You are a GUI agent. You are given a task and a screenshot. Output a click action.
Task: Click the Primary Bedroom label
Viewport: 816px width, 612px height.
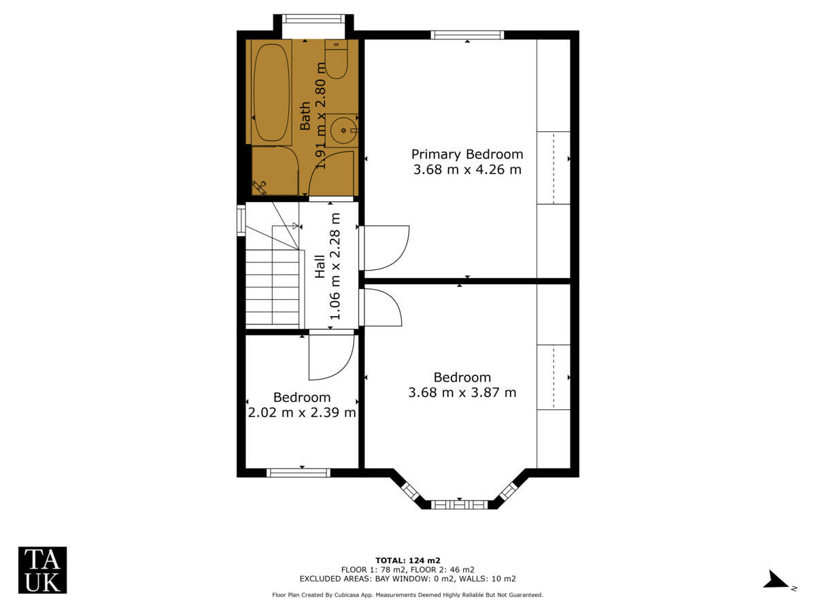pyautogui.click(x=467, y=154)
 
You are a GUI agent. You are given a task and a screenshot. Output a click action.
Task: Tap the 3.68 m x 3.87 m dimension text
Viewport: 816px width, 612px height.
pyautogui.click(x=462, y=392)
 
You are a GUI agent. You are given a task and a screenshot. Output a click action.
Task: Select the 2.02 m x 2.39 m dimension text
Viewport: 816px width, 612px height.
pyautogui.click(x=302, y=412)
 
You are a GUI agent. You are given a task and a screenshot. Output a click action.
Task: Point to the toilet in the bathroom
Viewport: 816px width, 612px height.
pyautogui.click(x=336, y=59)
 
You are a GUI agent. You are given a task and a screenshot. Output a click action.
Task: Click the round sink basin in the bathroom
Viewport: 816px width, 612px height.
pyautogui.click(x=342, y=129)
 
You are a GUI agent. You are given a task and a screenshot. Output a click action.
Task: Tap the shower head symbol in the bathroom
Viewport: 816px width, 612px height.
pyautogui.click(x=259, y=186)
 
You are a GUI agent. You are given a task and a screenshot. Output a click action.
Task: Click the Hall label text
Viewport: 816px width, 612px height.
pyautogui.click(x=320, y=266)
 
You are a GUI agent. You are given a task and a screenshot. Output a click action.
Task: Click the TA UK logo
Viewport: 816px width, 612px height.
pyautogui.click(x=42, y=570)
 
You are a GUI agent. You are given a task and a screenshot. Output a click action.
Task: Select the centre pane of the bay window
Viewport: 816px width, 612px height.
pyautogui.click(x=460, y=505)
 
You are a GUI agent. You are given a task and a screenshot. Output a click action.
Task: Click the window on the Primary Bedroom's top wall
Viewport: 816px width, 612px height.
pyautogui.click(x=467, y=35)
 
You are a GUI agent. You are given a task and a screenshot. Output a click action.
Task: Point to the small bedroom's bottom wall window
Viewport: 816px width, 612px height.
pyautogui.click(x=299, y=473)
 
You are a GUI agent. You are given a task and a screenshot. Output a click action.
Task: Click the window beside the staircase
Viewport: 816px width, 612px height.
pyautogui.click(x=241, y=220)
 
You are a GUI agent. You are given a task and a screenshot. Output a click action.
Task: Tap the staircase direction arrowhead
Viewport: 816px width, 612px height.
pyautogui.click(x=295, y=226)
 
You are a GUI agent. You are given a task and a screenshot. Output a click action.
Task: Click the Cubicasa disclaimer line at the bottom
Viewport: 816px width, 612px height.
pyautogui.click(x=407, y=595)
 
